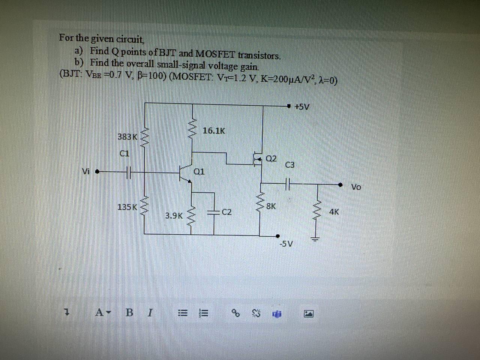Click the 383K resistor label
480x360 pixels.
127,137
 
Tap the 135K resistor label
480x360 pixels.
127,207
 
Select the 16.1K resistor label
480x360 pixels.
214,131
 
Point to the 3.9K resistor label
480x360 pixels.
174,216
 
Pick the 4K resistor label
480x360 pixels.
334,212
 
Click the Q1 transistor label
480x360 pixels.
199,172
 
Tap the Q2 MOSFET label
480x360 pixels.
271,159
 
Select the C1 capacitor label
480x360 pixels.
124,153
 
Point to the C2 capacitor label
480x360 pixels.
227,212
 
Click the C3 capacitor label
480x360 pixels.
290,165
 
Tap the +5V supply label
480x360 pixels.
302,107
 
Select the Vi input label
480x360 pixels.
86,172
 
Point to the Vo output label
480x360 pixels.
356,187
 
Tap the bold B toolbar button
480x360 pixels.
129,312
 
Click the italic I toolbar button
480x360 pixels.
150,312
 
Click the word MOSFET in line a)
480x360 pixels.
215,54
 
